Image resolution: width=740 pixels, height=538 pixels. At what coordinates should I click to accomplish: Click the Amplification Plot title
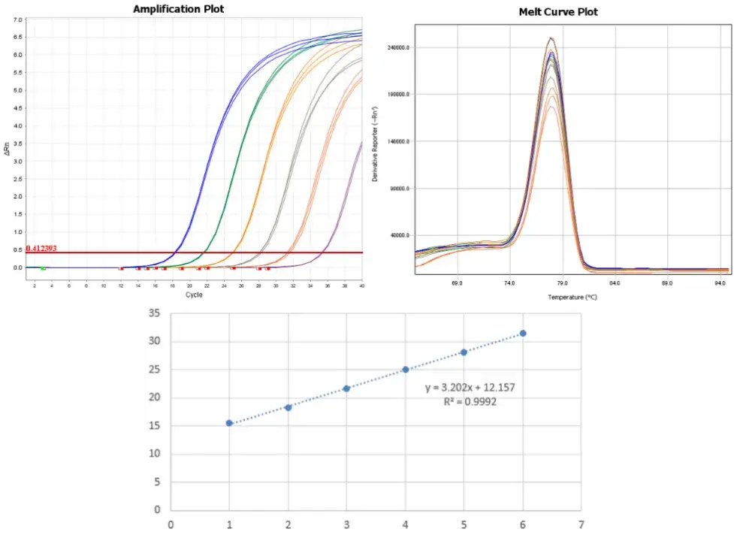click(178, 9)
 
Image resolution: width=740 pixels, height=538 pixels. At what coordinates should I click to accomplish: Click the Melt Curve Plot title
click(558, 12)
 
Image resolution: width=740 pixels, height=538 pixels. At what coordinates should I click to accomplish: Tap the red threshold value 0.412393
click(41, 248)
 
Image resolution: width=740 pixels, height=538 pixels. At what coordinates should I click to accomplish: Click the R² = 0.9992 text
click(470, 402)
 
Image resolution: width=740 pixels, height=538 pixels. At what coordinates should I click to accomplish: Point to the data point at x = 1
click(229, 423)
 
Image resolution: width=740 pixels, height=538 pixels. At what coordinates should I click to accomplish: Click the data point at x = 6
click(523, 333)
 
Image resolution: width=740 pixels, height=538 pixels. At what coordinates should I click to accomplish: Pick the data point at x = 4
click(406, 370)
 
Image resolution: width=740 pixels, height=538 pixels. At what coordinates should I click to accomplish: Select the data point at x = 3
click(346, 388)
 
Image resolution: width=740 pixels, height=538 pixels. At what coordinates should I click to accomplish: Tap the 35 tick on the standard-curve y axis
click(155, 313)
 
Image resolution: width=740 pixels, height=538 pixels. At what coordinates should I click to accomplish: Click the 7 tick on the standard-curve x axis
click(581, 524)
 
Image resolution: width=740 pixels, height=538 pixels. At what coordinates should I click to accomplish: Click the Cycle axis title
click(195, 295)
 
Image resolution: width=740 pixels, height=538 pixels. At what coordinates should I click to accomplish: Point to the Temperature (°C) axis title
click(572, 298)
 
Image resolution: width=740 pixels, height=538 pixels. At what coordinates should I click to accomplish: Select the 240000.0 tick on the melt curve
click(397, 47)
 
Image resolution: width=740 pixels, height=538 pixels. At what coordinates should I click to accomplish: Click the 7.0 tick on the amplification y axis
click(18, 19)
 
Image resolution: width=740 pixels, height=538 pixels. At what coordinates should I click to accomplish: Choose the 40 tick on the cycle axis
click(362, 286)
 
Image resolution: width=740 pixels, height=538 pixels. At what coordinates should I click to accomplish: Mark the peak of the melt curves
click(551, 39)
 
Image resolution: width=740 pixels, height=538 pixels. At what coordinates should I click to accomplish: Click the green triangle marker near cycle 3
click(43, 268)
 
